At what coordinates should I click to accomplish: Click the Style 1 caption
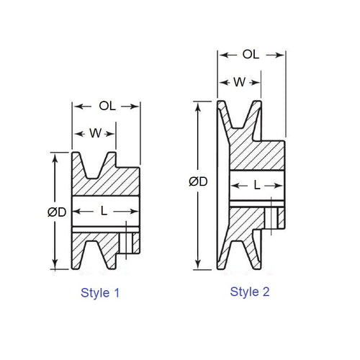96,293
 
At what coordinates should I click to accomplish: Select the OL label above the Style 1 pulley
105,106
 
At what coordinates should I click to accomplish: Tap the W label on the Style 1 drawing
94,133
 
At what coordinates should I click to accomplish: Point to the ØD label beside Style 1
58,212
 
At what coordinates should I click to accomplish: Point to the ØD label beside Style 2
199,181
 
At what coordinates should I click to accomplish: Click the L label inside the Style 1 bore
104,211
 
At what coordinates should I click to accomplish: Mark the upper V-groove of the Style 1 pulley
97,166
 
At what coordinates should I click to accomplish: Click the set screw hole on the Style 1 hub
128,239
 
